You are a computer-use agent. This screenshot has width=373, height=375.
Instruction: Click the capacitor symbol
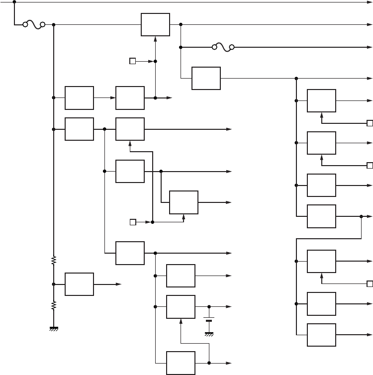(x=209, y=319)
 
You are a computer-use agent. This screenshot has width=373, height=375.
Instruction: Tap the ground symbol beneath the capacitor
(x=209, y=334)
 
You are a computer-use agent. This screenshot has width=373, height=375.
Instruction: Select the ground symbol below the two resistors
(x=53, y=328)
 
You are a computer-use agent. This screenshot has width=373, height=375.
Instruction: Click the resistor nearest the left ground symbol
(x=53, y=305)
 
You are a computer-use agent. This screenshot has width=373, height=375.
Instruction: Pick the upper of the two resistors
(x=53, y=260)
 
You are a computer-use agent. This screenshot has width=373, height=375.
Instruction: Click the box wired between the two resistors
(x=79, y=284)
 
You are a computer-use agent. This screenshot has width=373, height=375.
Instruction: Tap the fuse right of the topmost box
(x=223, y=48)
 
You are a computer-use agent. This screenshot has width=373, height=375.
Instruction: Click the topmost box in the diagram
(x=155, y=24)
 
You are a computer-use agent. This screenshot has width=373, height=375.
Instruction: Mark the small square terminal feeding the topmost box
(x=132, y=61)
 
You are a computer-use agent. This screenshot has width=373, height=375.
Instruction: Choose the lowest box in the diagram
(x=181, y=363)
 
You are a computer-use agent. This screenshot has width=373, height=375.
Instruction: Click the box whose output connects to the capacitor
(x=181, y=307)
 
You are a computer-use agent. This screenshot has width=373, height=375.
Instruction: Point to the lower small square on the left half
(x=132, y=222)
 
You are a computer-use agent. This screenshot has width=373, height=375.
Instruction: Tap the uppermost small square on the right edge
(x=370, y=123)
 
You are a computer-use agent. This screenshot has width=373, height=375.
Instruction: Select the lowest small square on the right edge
(x=370, y=284)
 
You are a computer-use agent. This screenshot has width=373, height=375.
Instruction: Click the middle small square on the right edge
(x=370, y=165)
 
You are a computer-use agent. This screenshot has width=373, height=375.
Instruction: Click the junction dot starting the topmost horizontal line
(x=14, y=1)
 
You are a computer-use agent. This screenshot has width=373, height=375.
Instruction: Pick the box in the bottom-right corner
(x=321, y=335)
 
